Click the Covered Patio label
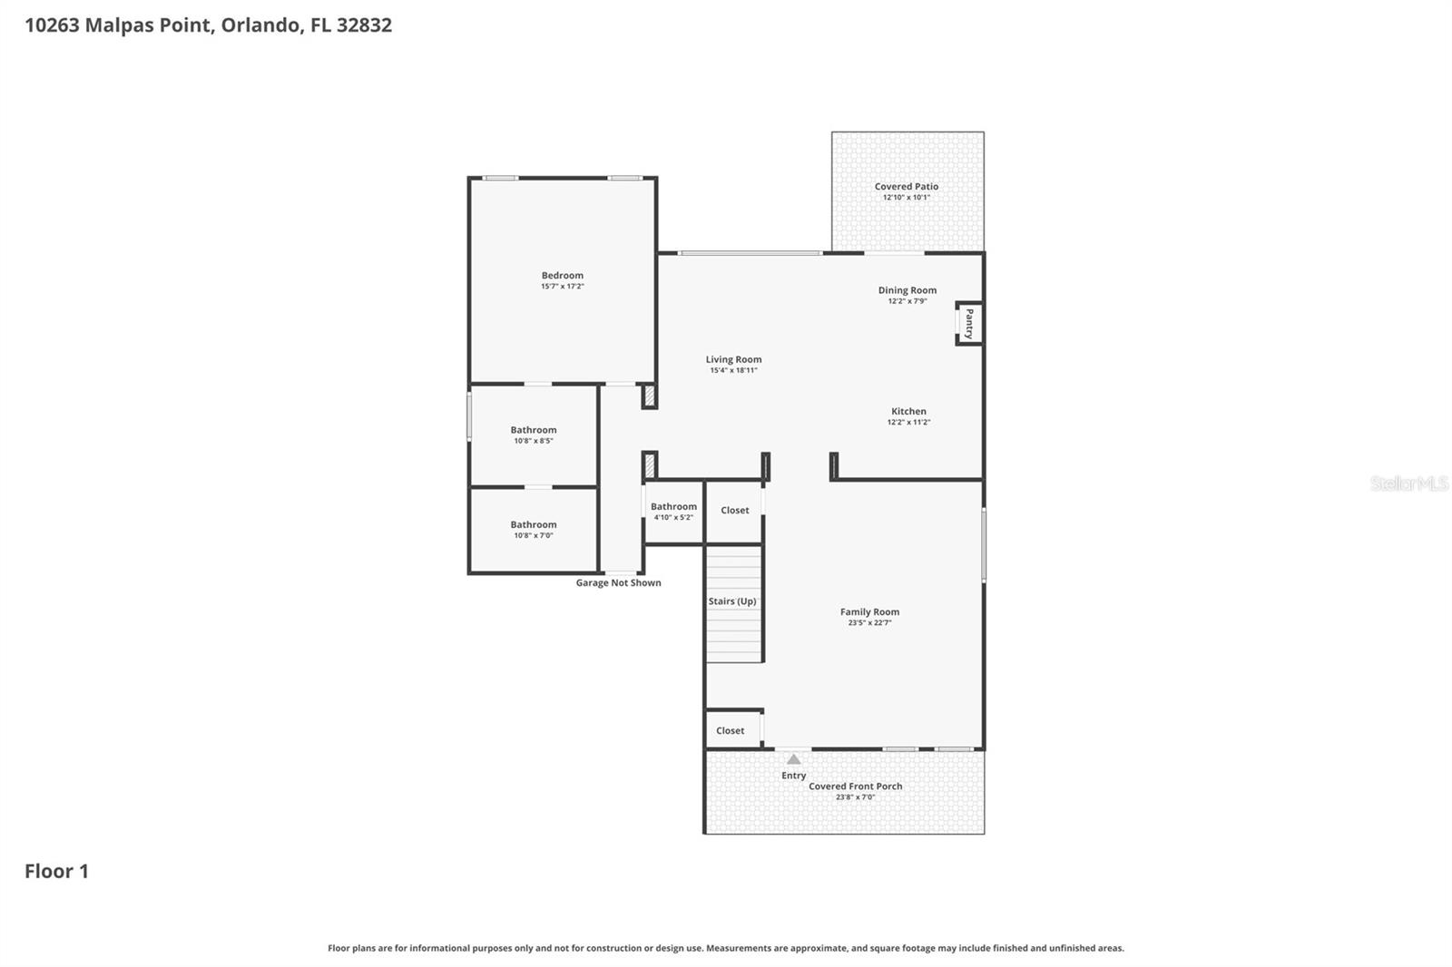(x=907, y=186)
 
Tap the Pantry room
(x=968, y=323)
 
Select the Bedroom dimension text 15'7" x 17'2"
(x=563, y=287)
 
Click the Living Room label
(x=733, y=359)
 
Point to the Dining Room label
(x=907, y=290)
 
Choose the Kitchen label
(x=908, y=411)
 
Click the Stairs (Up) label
(x=732, y=601)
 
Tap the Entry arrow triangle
(x=794, y=759)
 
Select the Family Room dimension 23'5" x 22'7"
(x=869, y=623)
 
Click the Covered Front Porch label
(x=856, y=786)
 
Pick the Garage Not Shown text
(x=618, y=583)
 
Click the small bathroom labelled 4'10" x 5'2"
(x=673, y=512)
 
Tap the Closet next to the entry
(x=731, y=730)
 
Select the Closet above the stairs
(x=735, y=511)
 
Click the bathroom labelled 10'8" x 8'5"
(x=534, y=435)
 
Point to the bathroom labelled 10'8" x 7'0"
(x=534, y=529)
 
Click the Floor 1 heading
(x=56, y=871)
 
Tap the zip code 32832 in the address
(x=364, y=25)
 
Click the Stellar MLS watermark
(x=1408, y=483)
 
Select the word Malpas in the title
(x=119, y=25)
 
